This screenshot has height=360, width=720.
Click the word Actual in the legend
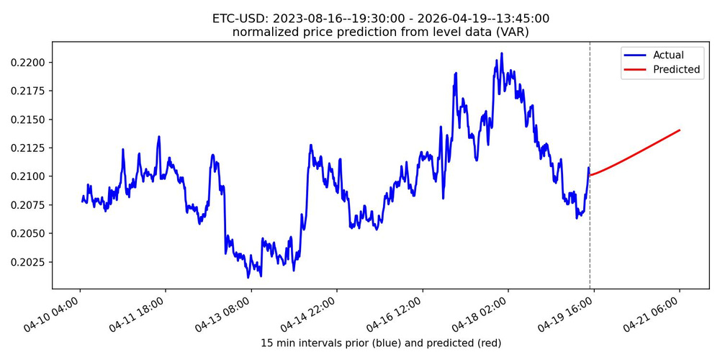point(668,55)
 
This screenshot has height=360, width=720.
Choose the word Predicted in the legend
point(676,70)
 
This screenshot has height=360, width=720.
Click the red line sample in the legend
point(637,70)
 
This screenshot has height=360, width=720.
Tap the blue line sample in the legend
point(637,55)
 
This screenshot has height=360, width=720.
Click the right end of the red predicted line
point(680,130)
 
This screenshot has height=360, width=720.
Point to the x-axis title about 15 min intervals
point(380,343)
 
